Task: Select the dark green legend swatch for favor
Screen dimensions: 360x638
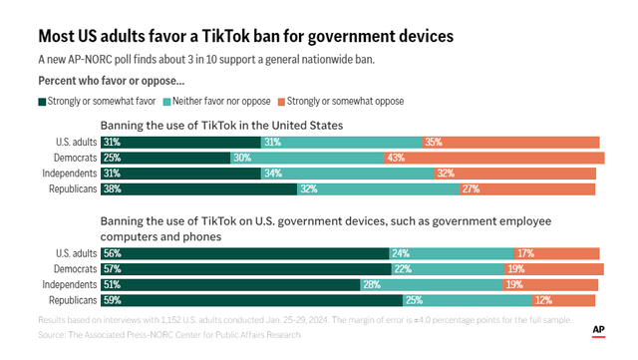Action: click(41, 101)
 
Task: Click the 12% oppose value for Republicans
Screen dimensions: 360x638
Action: click(542, 300)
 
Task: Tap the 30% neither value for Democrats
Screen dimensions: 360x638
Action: click(241, 158)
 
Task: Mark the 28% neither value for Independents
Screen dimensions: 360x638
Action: click(370, 284)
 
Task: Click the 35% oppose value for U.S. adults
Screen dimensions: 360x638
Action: click(433, 143)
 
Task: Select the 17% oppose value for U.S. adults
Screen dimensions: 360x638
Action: click(524, 253)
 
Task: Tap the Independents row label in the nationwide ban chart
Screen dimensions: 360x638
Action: click(70, 174)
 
